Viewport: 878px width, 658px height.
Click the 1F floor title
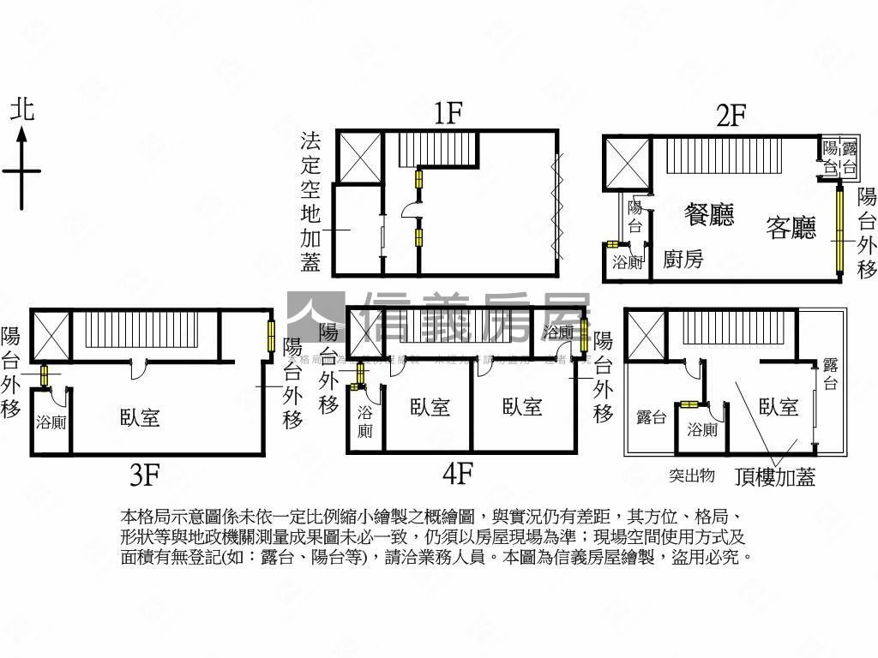click(x=448, y=113)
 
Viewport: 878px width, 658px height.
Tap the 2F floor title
click(x=731, y=116)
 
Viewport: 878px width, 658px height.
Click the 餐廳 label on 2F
click(x=710, y=213)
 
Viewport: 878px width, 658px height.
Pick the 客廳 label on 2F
click(x=791, y=228)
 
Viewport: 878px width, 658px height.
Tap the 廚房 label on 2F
click(x=683, y=259)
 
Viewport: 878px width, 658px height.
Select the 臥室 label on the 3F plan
click(x=140, y=418)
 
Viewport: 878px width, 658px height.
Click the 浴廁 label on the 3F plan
click(x=51, y=422)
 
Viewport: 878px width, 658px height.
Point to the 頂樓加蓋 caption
click(x=775, y=476)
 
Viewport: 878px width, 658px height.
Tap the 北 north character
click(x=22, y=110)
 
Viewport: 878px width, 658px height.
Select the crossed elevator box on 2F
click(x=628, y=163)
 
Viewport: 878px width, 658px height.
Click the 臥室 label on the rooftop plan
click(x=778, y=408)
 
